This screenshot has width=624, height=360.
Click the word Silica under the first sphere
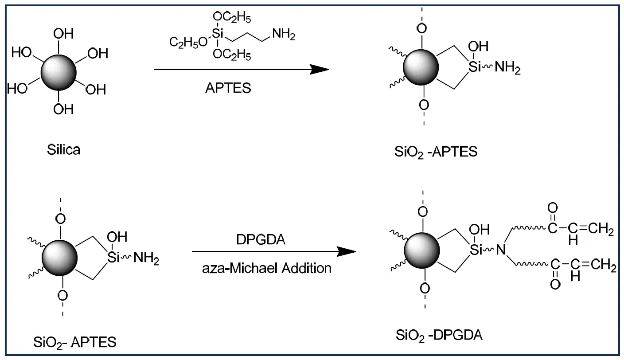(64, 149)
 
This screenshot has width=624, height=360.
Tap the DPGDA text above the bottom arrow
(261, 239)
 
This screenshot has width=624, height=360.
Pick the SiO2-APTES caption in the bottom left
(75, 342)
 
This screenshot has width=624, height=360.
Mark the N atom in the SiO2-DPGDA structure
(501, 250)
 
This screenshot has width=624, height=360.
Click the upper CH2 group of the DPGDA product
(604, 230)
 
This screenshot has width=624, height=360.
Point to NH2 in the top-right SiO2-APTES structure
(507, 69)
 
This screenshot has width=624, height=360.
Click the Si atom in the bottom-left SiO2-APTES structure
(114, 258)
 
